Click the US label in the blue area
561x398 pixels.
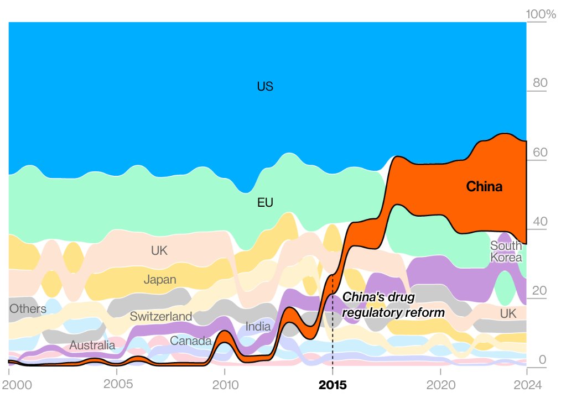(x=265, y=87)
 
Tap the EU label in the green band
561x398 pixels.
(x=266, y=203)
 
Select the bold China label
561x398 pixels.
(x=484, y=187)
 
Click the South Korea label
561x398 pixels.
(x=506, y=252)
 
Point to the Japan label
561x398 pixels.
(x=160, y=280)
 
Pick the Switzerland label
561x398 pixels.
(x=161, y=317)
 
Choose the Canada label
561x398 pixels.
(x=190, y=341)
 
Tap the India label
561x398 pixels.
(x=258, y=327)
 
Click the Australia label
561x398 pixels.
(x=92, y=346)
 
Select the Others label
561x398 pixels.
(x=28, y=309)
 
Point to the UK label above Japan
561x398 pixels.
(x=159, y=251)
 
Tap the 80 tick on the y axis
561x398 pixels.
(x=539, y=83)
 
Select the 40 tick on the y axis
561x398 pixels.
(x=539, y=222)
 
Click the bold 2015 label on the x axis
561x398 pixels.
(x=333, y=385)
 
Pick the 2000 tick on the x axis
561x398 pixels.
(x=9, y=385)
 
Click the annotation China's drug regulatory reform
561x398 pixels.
(x=393, y=305)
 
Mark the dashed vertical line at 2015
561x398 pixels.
(x=333, y=332)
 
